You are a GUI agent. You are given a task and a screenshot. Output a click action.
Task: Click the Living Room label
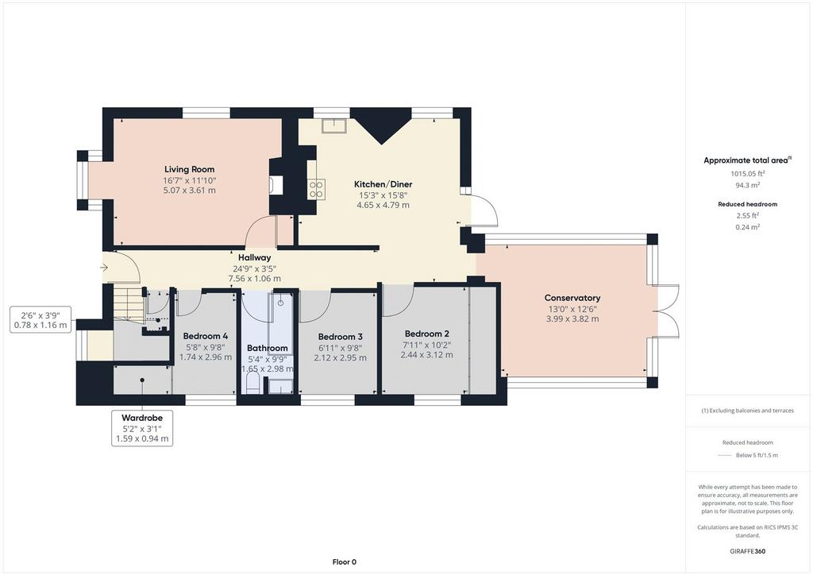pyautogui.click(x=189, y=169)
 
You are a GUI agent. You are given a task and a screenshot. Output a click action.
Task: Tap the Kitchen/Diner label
pyautogui.click(x=383, y=184)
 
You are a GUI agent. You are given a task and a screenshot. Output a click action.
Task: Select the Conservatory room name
pyautogui.click(x=572, y=298)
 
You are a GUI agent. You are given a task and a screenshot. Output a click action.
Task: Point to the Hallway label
pyautogui.click(x=255, y=257)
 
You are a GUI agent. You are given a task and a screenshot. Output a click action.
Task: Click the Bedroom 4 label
pyautogui.click(x=206, y=336)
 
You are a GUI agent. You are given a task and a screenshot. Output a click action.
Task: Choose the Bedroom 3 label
pyautogui.click(x=340, y=337)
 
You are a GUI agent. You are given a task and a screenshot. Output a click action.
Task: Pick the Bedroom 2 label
pyautogui.click(x=426, y=334)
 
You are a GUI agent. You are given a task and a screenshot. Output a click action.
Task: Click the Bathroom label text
pyautogui.click(x=267, y=348)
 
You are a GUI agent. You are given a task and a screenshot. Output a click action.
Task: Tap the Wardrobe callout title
pyautogui.click(x=142, y=418)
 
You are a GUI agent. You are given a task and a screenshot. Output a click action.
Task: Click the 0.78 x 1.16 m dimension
pyautogui.click(x=40, y=325)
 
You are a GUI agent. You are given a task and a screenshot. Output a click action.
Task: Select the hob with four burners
pyautogui.click(x=316, y=189)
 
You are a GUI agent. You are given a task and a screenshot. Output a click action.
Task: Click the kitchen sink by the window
pyautogui.click(x=334, y=126)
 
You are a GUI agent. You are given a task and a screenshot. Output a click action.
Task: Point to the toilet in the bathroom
pyautogui.click(x=252, y=383)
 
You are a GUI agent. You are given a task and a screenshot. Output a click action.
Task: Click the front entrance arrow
pyautogui.click(x=104, y=268)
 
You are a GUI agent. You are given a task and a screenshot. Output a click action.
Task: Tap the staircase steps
pyautogui.click(x=129, y=306)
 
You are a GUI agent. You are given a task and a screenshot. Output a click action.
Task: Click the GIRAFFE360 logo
pyautogui.click(x=748, y=551)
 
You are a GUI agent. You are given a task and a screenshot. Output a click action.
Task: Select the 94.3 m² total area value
pyautogui.click(x=748, y=185)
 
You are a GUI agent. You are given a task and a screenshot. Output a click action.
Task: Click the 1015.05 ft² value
pyautogui.click(x=748, y=174)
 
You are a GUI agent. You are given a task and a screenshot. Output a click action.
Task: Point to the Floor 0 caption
pyautogui.click(x=345, y=561)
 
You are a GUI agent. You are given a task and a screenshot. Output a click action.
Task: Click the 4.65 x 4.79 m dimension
pyautogui.click(x=383, y=205)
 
